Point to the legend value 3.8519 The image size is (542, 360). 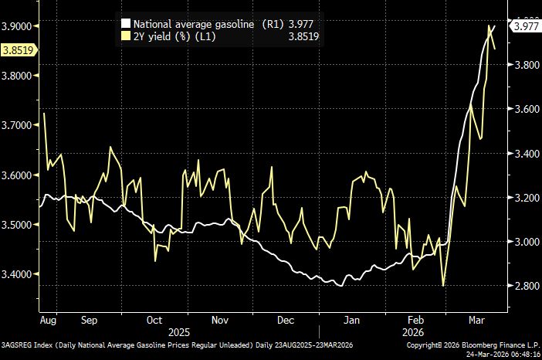(303, 36)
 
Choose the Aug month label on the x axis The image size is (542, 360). (48, 318)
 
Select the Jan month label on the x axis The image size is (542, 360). (352, 318)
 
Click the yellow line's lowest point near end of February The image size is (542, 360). (443, 286)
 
